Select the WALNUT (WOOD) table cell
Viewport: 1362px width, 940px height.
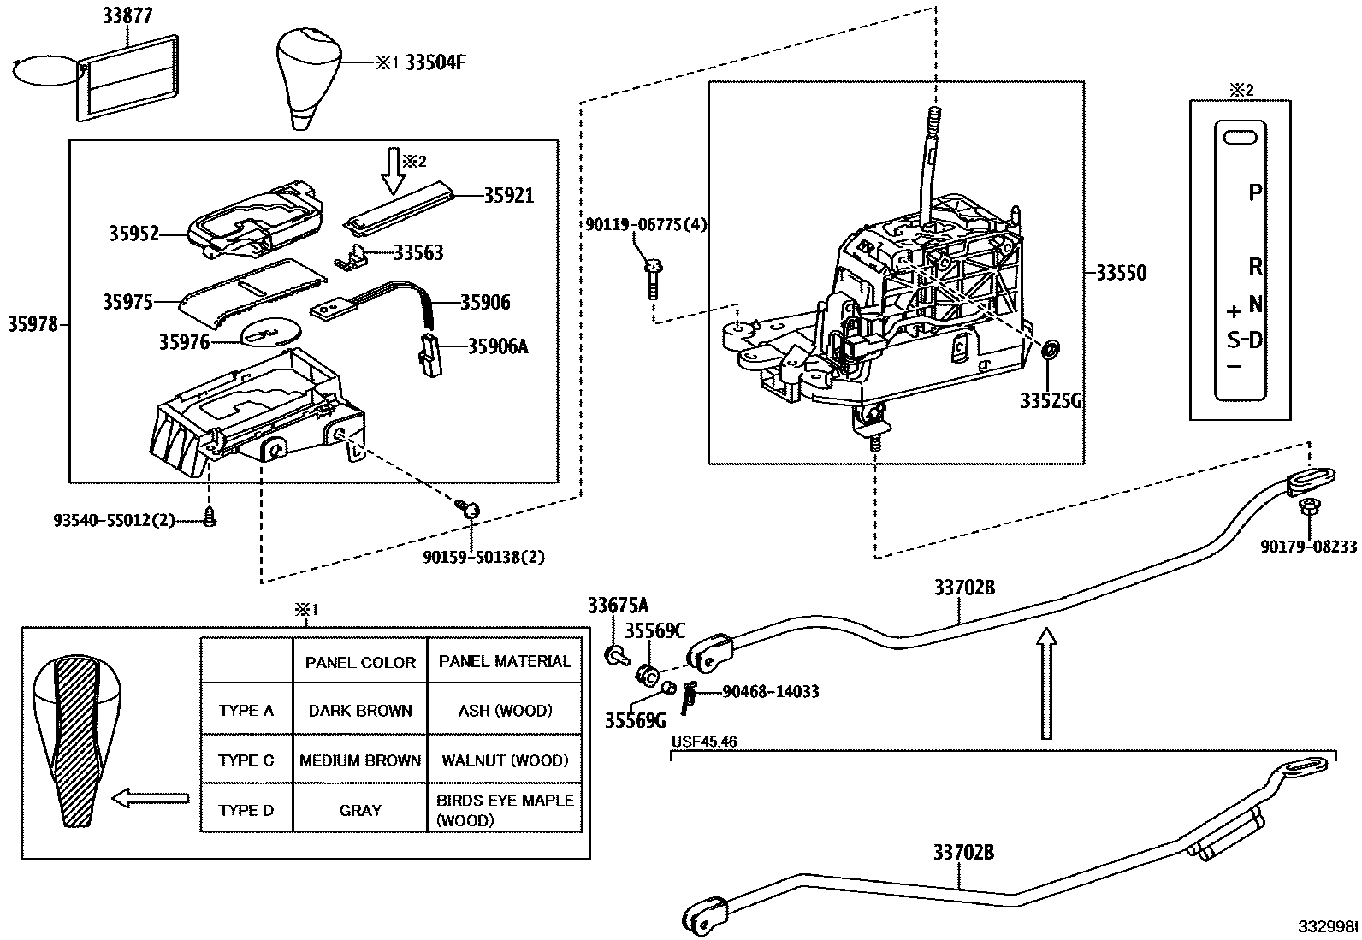[x=504, y=760]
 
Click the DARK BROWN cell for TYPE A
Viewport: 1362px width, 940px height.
[x=360, y=711]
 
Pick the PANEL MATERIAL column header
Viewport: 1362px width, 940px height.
[x=504, y=661]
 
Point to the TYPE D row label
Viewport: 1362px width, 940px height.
[x=246, y=810]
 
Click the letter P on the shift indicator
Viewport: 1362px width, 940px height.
[x=1255, y=192]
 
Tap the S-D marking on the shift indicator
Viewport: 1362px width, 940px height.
[x=1245, y=340]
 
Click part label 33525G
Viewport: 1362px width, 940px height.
[x=1051, y=400]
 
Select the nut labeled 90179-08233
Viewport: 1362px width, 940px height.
[x=1306, y=508]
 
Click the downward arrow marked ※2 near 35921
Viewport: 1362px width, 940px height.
[x=394, y=168]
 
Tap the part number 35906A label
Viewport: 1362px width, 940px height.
[x=498, y=346]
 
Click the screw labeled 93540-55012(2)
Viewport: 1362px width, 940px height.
[x=210, y=515]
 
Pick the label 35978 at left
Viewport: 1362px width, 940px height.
[x=33, y=323]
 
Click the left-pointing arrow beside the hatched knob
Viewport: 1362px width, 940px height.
[x=151, y=798]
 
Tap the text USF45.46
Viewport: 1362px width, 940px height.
[x=704, y=742]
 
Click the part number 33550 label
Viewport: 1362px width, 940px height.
[x=1122, y=273]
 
